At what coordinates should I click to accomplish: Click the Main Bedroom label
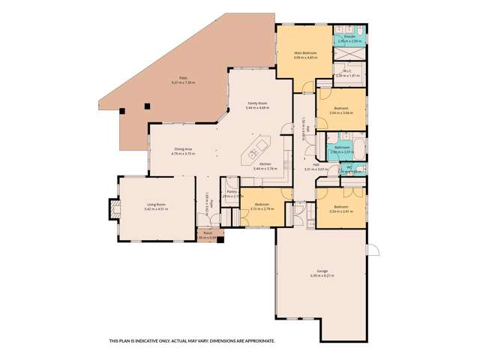[305, 53]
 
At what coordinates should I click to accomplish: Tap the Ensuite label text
[349, 36]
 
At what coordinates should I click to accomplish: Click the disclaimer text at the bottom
[192, 340]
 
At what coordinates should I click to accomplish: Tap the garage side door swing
[373, 253]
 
